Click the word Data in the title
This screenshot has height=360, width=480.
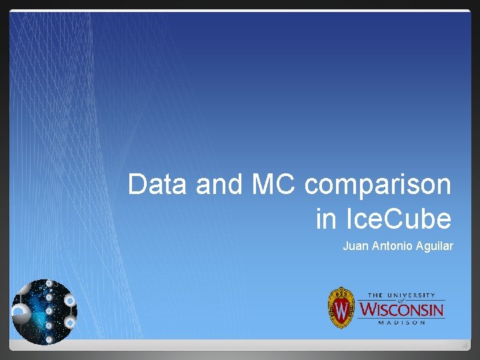tap(157, 185)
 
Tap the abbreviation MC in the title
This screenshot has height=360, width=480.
tap(274, 185)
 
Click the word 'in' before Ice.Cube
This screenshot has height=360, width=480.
tap(325, 218)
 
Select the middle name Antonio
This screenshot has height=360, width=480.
tap(392, 246)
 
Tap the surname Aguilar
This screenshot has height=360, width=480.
tap(435, 246)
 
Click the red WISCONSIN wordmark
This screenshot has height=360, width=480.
tap(401, 309)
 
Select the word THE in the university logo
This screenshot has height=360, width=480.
tap(375, 295)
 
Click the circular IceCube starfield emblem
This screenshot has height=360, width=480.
tap(45, 311)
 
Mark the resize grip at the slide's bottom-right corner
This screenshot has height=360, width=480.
tap(465, 344)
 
